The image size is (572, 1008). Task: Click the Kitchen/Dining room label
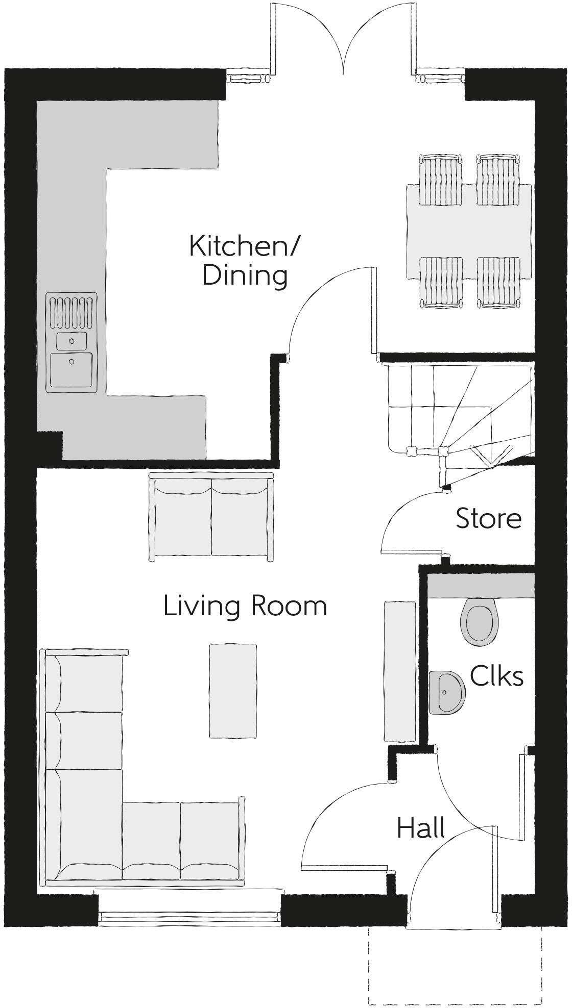coord(244,261)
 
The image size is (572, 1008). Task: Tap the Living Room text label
coord(245,607)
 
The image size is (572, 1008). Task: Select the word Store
coord(488,519)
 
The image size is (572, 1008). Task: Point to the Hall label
coord(420,828)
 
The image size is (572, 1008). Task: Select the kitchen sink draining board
coord(71,312)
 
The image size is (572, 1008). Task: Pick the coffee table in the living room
coord(232,690)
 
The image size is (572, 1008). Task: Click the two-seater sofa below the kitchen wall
coord(211,517)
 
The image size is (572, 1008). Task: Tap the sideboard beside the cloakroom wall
coord(399,671)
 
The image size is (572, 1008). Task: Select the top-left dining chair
coord(441,180)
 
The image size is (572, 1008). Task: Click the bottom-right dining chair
coord(498,282)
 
